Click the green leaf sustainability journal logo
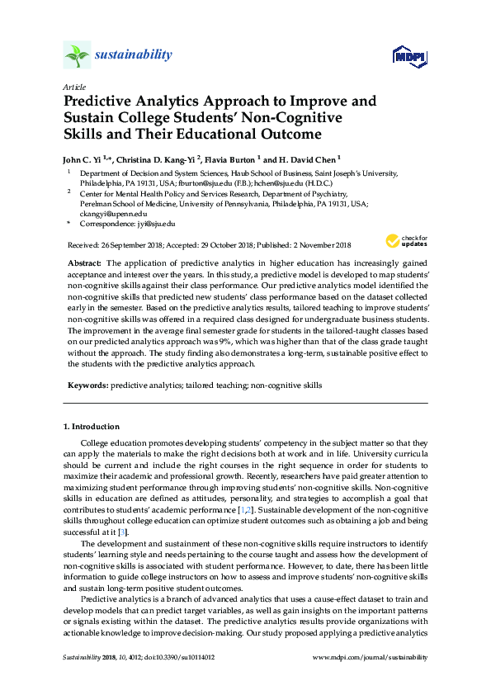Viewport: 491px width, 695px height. point(77,55)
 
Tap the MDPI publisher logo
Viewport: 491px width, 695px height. point(401,55)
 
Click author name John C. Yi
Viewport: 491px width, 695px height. point(85,157)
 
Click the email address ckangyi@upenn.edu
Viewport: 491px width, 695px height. point(107,212)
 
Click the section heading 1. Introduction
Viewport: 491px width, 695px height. point(92,427)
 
